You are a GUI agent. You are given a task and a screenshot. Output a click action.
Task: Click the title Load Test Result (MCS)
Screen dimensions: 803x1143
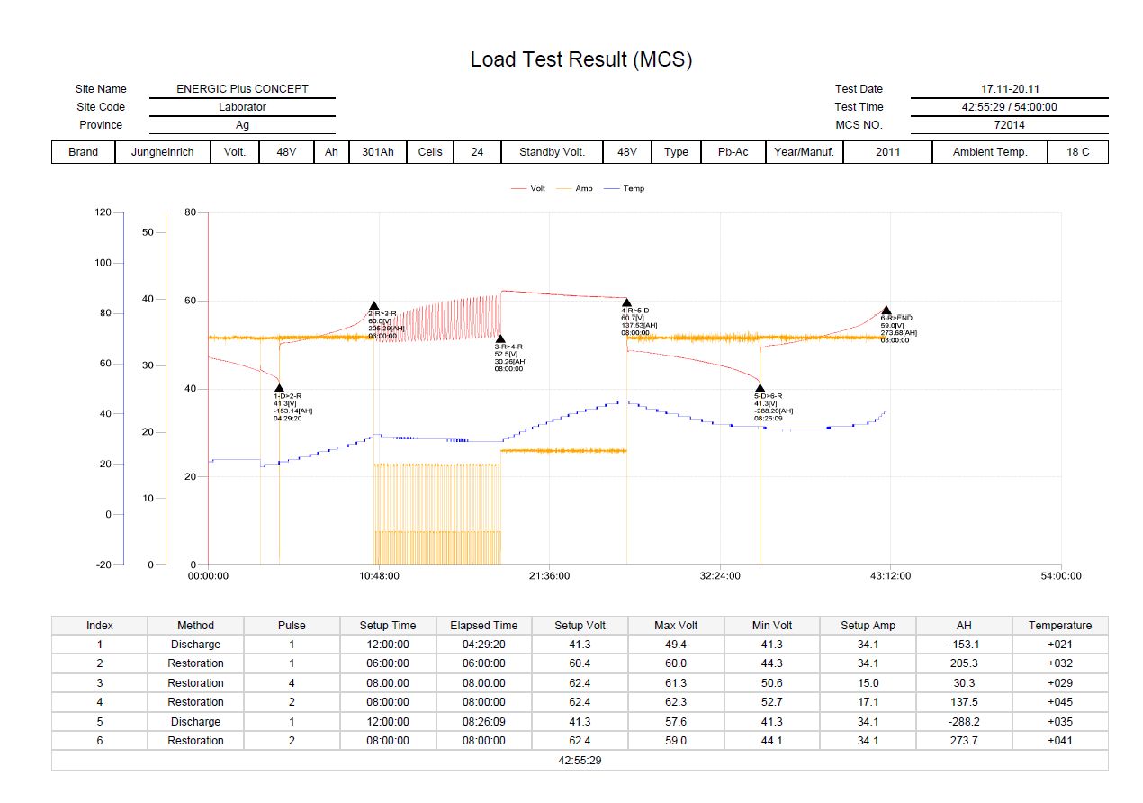(580, 60)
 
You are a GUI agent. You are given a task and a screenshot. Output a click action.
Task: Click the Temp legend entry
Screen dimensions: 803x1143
(633, 189)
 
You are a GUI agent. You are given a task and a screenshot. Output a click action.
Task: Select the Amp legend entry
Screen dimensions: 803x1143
(583, 189)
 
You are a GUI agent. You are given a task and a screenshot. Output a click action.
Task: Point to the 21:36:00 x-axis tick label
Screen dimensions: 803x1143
(549, 576)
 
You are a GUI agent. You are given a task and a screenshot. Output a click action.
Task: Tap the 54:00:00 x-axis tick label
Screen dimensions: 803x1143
(1060, 576)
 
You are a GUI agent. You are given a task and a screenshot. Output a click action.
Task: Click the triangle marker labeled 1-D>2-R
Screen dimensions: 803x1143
(279, 388)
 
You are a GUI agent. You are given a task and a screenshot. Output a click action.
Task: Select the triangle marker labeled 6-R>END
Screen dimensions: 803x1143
(886, 311)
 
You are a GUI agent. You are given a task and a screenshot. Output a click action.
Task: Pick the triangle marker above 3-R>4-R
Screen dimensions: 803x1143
(500, 338)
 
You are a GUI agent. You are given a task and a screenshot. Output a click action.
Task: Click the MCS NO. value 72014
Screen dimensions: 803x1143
(1009, 125)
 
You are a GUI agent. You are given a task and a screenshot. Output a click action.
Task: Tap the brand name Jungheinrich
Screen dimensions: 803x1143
(162, 152)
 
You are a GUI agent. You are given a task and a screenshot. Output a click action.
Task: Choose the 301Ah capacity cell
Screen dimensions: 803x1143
(378, 152)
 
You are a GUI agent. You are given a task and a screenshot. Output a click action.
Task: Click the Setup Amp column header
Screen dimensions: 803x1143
(868, 626)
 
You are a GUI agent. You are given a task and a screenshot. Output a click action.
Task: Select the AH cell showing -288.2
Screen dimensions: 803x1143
(965, 722)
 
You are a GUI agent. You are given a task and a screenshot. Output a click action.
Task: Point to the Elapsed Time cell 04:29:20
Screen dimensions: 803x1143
(483, 645)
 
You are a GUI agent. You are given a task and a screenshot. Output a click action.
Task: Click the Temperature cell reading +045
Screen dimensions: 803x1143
(1060, 702)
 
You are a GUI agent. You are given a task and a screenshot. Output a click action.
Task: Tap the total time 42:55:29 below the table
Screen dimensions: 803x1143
(580, 761)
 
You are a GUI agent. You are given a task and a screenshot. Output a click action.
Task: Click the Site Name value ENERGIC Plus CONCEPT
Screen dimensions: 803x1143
(242, 89)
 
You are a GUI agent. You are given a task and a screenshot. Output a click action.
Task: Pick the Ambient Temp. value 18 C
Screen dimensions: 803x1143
(1077, 152)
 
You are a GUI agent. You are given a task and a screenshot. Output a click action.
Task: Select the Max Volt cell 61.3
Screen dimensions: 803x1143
(676, 683)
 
